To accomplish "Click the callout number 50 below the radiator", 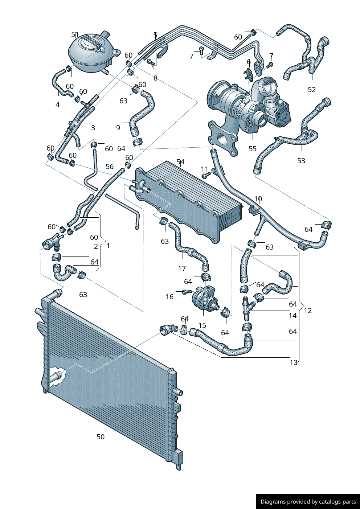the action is coord(101,437).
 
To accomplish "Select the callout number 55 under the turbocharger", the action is coord(253,149).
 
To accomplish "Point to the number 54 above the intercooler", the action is coord(180,162).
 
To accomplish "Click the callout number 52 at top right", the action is coord(312,90).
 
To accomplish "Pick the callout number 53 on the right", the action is coord(301,161).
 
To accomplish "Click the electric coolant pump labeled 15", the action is coord(205,300).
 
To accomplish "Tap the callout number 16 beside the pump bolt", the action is coord(169,297).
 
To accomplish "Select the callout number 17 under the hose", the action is coord(182,268).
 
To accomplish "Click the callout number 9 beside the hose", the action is coord(118,128).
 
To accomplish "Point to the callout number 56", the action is coord(110,167).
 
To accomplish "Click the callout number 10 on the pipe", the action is coord(258,199).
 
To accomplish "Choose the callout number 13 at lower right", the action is coord(294,362).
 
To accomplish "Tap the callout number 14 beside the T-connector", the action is coord(293,316).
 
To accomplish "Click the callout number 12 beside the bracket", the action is coord(308,311).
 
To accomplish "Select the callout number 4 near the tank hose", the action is coord(57,105).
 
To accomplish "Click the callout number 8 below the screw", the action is coord(155,78).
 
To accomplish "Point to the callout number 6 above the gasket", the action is coord(249,62).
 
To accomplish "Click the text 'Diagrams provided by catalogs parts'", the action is coord(308,501).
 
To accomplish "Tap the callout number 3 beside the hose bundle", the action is coord(93,128).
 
